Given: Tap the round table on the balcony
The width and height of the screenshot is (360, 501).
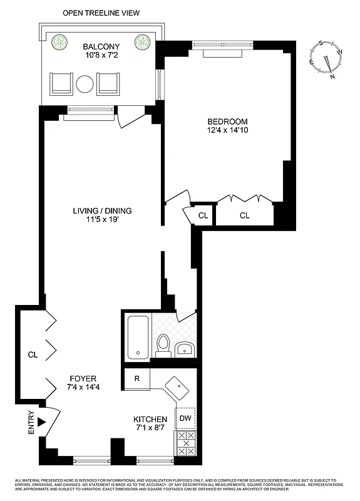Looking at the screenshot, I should pyautogui.click(x=85, y=84).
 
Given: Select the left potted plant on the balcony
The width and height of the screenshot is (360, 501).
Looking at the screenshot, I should pyautogui.click(x=59, y=43).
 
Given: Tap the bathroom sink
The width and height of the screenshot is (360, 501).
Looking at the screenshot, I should pyautogui.click(x=185, y=348).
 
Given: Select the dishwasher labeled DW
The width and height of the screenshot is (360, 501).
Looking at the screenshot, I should pyautogui.click(x=185, y=418).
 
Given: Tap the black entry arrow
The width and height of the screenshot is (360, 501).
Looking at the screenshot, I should pyautogui.click(x=43, y=422).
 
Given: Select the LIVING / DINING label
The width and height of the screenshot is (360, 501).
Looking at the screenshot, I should pyautogui.click(x=101, y=210).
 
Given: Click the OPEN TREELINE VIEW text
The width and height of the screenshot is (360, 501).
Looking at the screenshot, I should pyautogui.click(x=101, y=13).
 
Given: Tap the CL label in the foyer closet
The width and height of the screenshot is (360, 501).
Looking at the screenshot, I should pyautogui.click(x=33, y=354).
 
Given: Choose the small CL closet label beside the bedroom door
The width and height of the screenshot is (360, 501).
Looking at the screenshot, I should pyautogui.click(x=203, y=215).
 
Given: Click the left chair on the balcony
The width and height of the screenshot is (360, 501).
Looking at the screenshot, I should pyautogui.click(x=61, y=83).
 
